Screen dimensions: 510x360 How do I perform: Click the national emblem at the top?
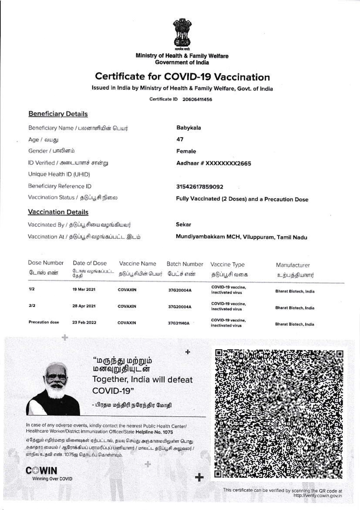[182, 35]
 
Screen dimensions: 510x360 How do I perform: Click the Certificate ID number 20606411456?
[197, 99]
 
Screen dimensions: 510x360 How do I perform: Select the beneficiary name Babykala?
[189, 128]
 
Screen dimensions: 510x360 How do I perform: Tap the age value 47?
[180, 139]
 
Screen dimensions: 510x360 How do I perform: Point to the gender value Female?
[186, 151]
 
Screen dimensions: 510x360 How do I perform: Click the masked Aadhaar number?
[214, 163]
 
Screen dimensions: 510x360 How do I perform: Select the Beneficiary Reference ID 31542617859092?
[200, 187]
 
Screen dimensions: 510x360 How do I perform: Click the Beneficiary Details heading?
[58, 114]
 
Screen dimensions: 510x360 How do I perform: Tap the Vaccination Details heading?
[58, 212]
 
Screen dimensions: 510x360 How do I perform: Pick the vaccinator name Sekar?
[183, 224]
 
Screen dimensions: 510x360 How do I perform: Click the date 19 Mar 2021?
[84, 290]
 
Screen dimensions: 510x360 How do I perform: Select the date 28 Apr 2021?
[84, 306]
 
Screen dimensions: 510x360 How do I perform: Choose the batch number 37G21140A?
[179, 323]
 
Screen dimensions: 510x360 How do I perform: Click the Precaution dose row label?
[44, 322]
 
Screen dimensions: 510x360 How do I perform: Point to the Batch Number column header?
[185, 264]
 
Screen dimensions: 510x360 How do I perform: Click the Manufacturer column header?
[293, 265]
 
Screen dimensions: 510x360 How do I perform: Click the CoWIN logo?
[42, 470]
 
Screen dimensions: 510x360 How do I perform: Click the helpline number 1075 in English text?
[168, 432]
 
